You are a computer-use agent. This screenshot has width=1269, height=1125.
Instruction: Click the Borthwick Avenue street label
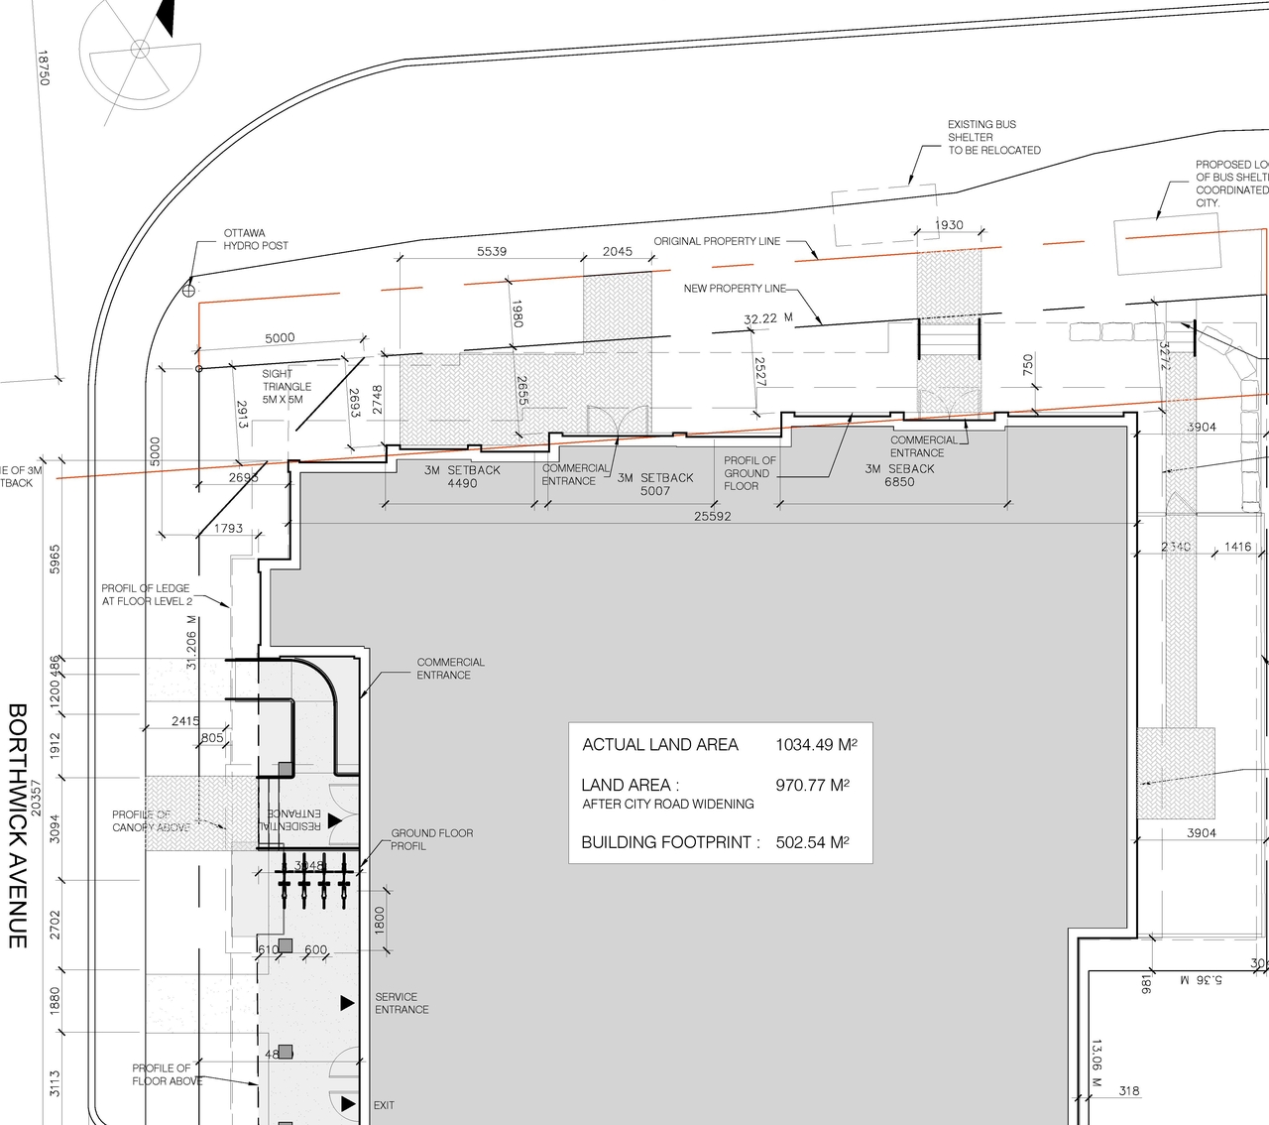[17, 825]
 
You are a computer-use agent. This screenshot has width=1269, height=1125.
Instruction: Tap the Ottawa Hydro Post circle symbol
[188, 291]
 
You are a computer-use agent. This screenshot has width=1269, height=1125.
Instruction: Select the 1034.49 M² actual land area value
[816, 745]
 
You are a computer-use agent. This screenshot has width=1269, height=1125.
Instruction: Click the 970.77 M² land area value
[812, 786]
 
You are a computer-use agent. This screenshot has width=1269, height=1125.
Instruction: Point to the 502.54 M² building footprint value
[812, 843]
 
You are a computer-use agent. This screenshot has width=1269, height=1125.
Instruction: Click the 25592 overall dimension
[712, 517]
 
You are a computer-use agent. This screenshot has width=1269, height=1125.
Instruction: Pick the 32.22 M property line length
[767, 319]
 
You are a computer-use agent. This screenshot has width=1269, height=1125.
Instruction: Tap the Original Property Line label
[717, 241]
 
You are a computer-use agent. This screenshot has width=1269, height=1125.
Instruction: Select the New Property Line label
[735, 289]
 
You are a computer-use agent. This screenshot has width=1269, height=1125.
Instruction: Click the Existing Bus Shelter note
[993, 138]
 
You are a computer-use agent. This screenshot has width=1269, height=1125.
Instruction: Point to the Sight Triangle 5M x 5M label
[287, 387]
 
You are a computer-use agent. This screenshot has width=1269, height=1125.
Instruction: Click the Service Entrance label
[402, 1003]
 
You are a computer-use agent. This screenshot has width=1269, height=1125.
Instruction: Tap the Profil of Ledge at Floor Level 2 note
[147, 594]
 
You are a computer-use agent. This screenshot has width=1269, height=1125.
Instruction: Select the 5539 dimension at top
[492, 252]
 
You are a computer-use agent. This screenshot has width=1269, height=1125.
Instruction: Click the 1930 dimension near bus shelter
[949, 225]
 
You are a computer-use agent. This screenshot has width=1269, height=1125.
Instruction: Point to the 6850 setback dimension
[899, 482]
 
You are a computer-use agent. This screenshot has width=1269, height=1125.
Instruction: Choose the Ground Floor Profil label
[431, 839]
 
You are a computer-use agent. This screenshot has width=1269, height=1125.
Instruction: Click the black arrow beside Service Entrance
[347, 1003]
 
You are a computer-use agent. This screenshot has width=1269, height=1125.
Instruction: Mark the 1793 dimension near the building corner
[228, 529]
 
